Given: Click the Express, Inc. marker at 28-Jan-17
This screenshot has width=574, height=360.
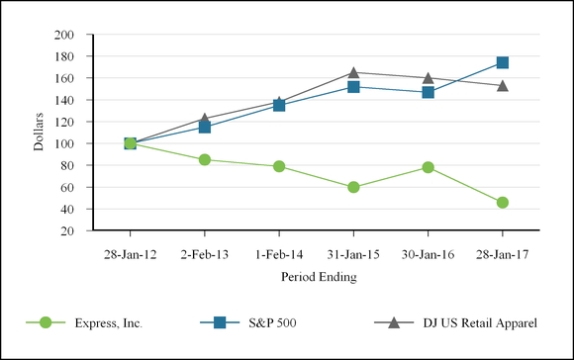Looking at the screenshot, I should point(503,203).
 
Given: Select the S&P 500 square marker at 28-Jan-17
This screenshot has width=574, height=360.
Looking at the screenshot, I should point(503,62).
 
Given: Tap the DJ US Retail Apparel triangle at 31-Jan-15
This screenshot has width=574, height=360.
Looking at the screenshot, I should point(353,72).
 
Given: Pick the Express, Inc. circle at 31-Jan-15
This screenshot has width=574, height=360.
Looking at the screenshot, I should point(353,187).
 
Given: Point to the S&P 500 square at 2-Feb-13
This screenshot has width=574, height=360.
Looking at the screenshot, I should point(205,127).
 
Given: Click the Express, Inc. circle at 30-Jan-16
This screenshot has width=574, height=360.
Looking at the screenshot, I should point(428,167).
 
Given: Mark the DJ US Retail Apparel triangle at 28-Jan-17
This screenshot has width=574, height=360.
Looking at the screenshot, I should point(503,85).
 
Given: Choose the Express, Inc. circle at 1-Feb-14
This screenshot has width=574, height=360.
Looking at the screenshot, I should point(279,166).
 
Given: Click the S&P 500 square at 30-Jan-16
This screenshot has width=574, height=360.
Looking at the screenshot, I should point(428,92).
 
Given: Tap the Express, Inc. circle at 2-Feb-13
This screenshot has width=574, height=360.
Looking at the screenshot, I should point(205,159).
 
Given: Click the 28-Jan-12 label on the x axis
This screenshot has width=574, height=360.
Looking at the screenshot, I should point(131,254).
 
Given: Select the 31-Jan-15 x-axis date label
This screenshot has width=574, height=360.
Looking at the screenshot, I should point(353,254).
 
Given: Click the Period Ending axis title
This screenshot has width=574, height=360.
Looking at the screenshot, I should point(317,277).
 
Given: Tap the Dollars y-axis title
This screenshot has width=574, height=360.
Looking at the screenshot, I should point(39,133).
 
